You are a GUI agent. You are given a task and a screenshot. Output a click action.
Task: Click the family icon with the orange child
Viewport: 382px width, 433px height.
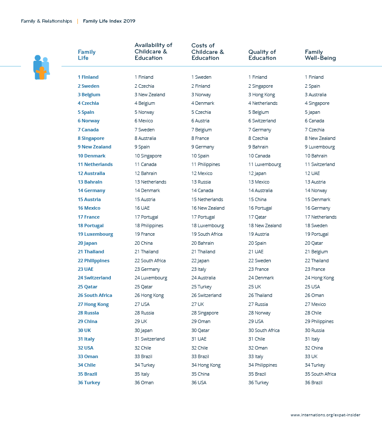point(41,67)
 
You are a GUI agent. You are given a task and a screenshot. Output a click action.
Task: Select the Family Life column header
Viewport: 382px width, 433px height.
point(86,55)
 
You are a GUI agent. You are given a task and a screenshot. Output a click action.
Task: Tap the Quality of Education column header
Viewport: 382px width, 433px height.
point(262,55)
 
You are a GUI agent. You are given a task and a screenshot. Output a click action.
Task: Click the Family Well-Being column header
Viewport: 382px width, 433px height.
point(320,55)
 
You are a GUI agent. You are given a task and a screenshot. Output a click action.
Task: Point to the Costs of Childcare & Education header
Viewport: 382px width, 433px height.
point(207,52)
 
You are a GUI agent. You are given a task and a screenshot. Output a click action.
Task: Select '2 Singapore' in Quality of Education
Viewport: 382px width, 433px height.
point(261,86)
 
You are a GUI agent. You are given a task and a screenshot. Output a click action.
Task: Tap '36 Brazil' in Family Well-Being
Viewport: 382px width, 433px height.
point(314,383)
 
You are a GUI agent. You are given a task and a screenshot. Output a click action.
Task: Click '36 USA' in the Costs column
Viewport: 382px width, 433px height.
point(198,383)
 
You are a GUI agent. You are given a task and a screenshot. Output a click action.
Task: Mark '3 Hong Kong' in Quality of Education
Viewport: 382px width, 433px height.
point(261,95)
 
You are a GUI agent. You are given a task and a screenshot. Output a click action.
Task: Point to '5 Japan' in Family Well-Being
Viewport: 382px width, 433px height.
point(312,112)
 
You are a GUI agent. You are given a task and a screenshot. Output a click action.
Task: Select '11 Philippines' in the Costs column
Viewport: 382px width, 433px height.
point(205,164)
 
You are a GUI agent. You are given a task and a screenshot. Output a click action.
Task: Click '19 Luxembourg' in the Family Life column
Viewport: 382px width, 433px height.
point(95,234)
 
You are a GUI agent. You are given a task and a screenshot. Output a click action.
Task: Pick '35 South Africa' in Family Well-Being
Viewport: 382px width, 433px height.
point(320,374)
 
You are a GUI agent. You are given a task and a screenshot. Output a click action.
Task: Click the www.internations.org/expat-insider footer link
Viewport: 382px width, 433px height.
point(325,415)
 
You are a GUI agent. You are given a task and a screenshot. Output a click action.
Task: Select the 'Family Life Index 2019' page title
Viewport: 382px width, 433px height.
point(109,21)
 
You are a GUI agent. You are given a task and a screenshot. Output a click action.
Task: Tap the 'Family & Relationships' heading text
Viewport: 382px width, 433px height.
point(46,21)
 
